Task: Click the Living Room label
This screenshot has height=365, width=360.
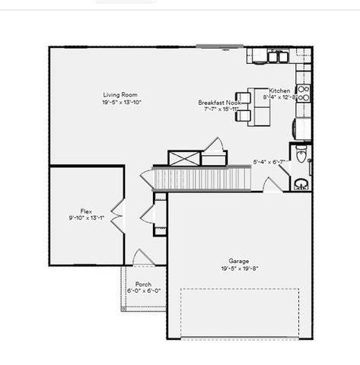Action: (123, 95)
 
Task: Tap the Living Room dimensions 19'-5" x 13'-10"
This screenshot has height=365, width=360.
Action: (123, 102)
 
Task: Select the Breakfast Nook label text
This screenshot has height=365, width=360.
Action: (221, 102)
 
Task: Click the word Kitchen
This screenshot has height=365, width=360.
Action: (279, 90)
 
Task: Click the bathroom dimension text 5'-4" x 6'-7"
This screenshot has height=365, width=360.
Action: (269, 161)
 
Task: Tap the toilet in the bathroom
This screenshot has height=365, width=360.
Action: (301, 156)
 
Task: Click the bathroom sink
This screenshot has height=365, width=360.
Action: (301, 182)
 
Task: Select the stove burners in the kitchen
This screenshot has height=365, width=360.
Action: (302, 93)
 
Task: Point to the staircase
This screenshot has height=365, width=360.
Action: (202, 179)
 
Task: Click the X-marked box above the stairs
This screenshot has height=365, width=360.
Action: (185, 158)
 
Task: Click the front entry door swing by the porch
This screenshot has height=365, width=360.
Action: (142, 258)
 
